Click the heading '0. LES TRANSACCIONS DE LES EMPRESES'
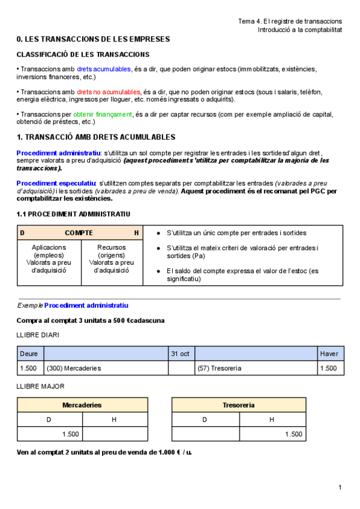coord(93,40)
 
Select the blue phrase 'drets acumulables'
coord(103,70)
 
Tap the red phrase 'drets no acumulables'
coord(109,92)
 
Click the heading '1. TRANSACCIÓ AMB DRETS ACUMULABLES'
coord(96,137)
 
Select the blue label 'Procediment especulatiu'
coord(56,183)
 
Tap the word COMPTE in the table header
coord(79,232)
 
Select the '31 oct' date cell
coord(181,354)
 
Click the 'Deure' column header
coord(28,354)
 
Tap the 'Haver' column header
coord(329,354)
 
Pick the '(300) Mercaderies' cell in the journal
coord(74,368)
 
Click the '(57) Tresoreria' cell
coord(219,368)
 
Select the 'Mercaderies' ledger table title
coord(82,405)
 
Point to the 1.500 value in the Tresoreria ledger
coord(293,434)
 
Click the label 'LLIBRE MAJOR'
coord(40,387)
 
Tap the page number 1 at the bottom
coord(340,487)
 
